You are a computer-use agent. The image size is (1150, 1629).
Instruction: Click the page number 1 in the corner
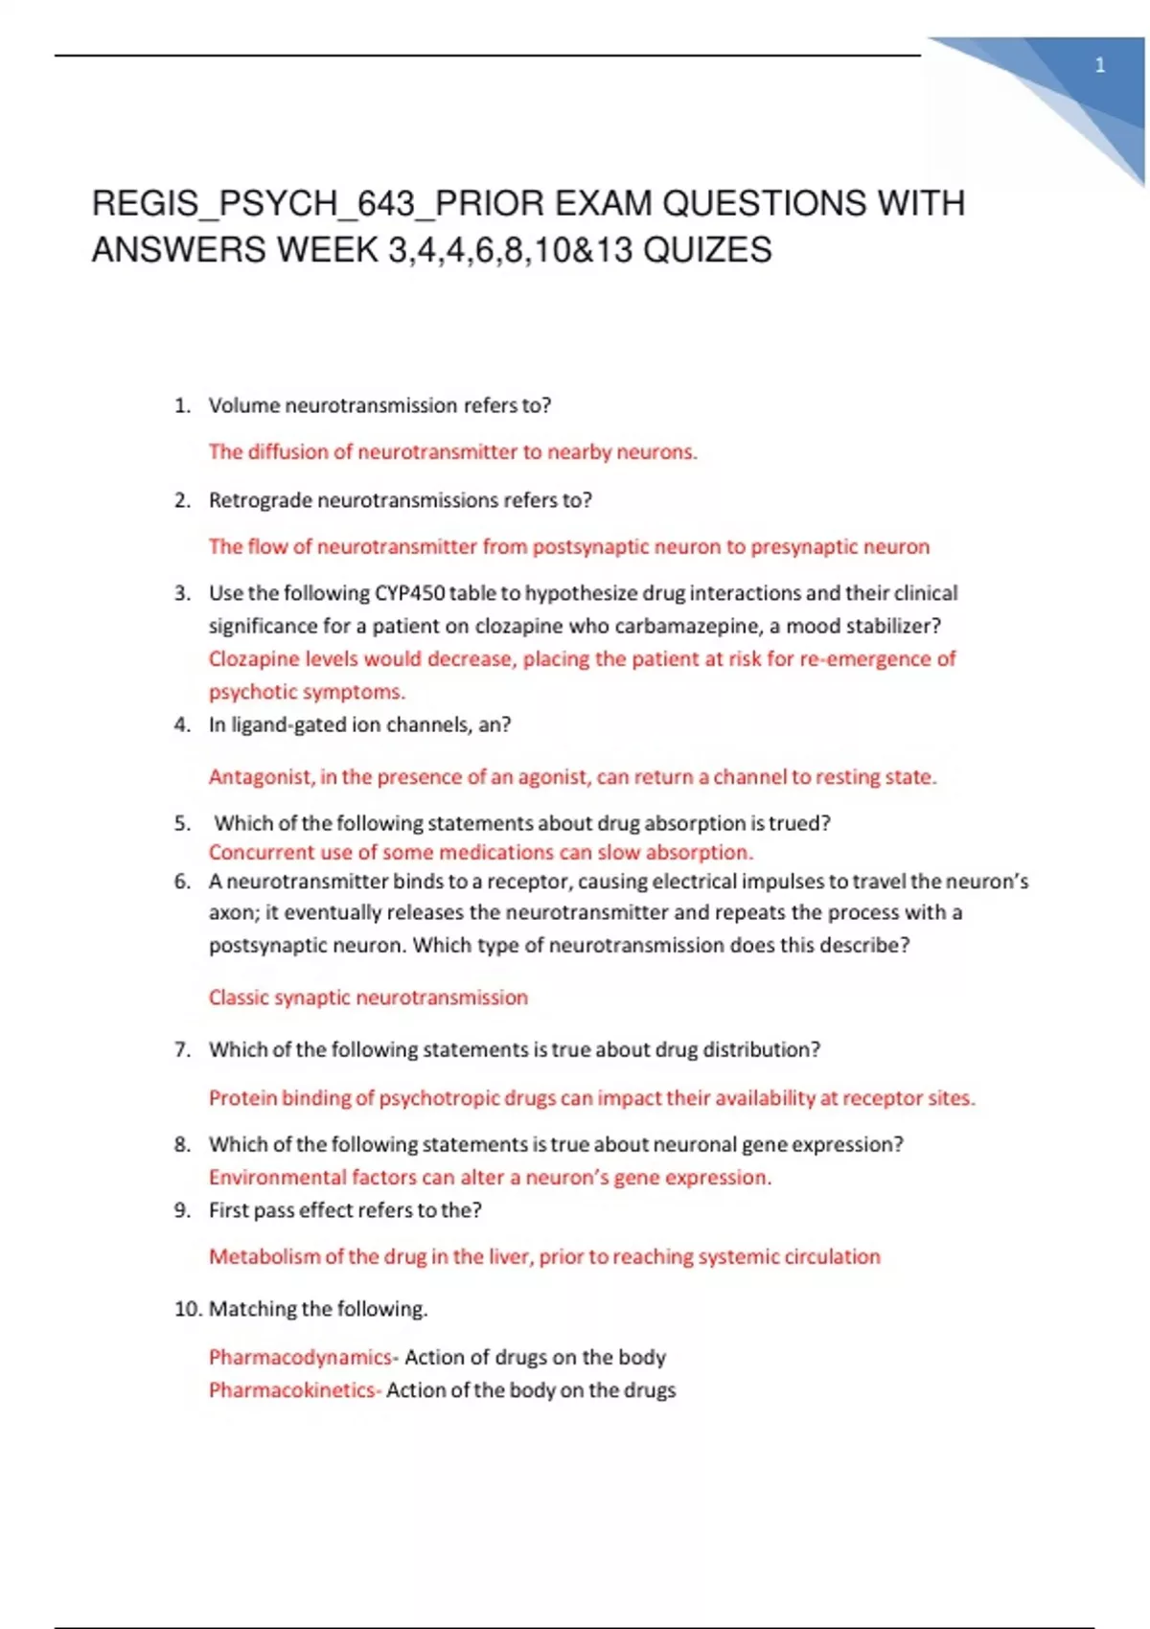click(1099, 66)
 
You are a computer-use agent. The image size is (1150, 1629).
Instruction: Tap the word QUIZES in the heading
click(707, 251)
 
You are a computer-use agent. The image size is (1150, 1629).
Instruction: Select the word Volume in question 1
click(244, 405)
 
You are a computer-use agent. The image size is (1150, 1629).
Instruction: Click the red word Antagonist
click(260, 777)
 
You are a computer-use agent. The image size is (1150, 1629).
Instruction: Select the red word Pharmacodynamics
click(300, 1358)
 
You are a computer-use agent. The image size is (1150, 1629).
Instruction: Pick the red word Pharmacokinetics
click(294, 1390)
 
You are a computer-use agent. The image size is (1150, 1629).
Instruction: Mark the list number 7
click(182, 1050)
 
